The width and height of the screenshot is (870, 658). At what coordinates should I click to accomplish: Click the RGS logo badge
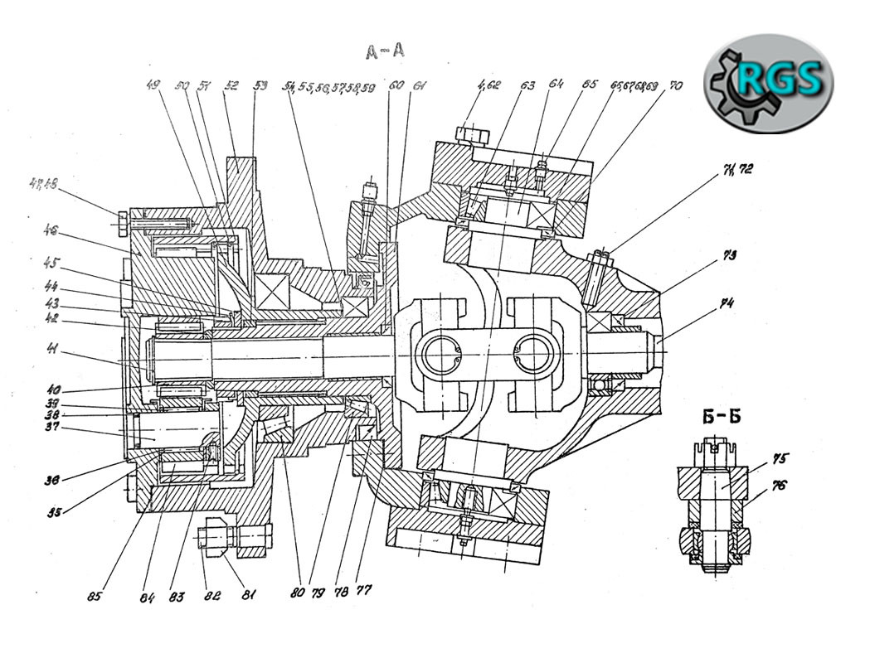tap(769, 81)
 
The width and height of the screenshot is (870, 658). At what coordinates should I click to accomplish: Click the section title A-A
tap(386, 51)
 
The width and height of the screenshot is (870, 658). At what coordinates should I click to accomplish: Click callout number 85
tap(97, 594)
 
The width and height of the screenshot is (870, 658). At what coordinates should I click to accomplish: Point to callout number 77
tap(364, 591)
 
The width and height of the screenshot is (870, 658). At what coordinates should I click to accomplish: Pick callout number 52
tap(231, 85)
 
